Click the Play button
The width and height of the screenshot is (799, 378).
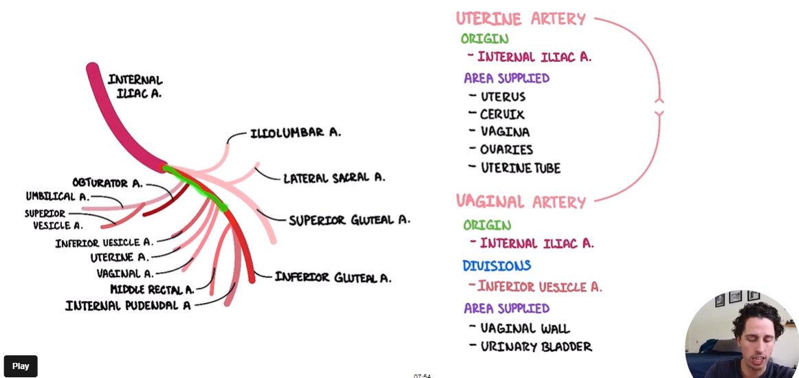click(x=21, y=366)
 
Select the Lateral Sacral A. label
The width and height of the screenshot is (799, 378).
click(x=334, y=177)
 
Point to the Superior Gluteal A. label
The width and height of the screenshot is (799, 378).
click(x=349, y=220)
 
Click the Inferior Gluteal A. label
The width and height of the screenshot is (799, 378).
click(x=333, y=277)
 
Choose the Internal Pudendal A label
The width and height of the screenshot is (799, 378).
click(x=128, y=305)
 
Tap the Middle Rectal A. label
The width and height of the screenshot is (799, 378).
click(x=152, y=289)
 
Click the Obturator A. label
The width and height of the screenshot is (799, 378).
click(x=107, y=183)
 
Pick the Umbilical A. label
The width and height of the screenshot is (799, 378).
click(x=58, y=197)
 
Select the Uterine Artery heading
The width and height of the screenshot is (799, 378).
click(x=521, y=19)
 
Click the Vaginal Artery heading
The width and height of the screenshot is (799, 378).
click(x=521, y=202)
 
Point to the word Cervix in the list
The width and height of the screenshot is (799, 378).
click(x=502, y=114)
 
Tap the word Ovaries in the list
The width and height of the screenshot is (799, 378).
click(x=507, y=149)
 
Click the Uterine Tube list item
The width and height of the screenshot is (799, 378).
click(x=521, y=168)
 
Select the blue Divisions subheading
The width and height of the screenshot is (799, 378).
click(x=496, y=265)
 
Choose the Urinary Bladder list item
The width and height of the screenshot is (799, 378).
click(x=536, y=346)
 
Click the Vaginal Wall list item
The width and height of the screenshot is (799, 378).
click(x=525, y=329)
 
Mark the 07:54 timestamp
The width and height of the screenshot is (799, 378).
click(x=422, y=375)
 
